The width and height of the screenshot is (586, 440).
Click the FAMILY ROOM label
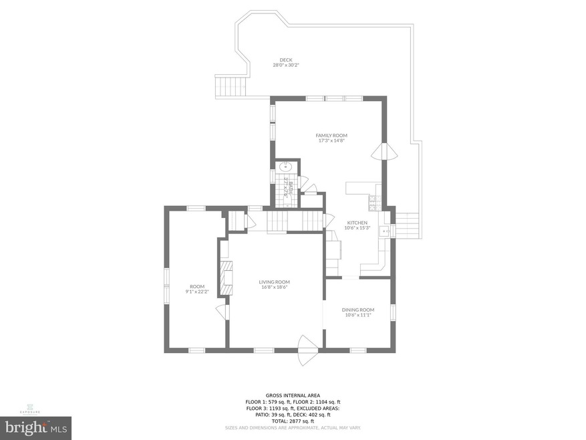[331, 135]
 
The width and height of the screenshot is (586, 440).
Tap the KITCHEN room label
[357, 223]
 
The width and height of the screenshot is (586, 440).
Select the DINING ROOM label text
[357, 310]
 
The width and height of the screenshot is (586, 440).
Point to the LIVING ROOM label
[274, 282]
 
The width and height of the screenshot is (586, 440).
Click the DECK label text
[285, 60]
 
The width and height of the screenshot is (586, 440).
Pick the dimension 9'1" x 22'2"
[197, 292]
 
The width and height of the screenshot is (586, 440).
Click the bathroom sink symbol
[285, 168]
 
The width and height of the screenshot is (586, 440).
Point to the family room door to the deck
[380, 152]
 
